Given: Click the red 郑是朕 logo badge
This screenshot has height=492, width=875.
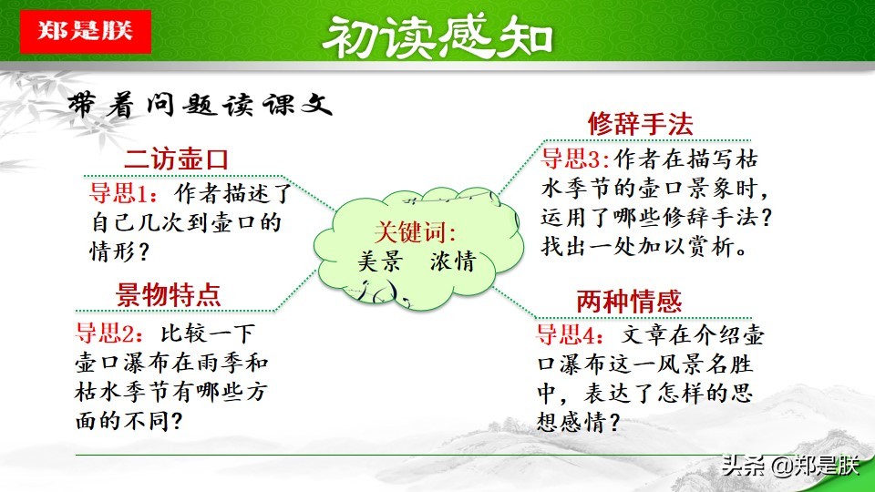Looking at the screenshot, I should tap(85, 30).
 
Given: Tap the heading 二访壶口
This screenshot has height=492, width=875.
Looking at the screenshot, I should tap(176, 160).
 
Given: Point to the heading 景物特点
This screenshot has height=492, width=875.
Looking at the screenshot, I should tap(169, 294).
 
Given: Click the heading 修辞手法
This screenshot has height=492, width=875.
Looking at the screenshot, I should tap(640, 124).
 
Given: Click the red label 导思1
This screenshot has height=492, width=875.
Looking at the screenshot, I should tap(117, 193).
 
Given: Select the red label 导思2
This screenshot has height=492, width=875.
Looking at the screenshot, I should tap(104, 333).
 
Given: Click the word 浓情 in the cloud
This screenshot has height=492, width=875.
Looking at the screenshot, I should tap(453, 262).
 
